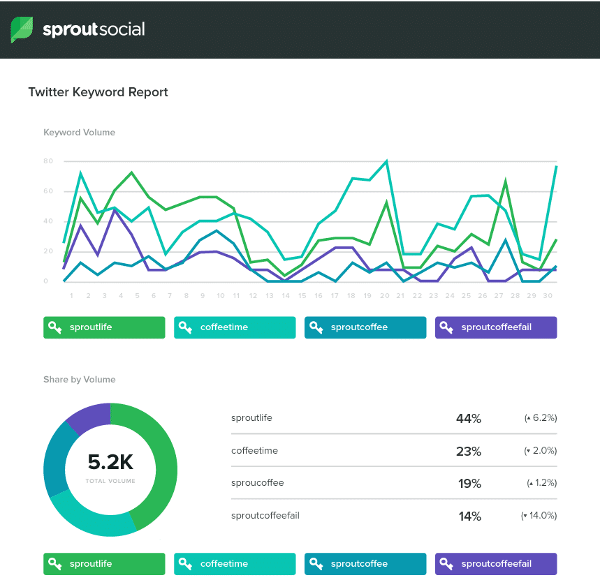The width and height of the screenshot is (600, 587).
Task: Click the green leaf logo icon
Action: [x=21, y=29]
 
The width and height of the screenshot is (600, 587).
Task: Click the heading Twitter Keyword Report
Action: [x=98, y=92]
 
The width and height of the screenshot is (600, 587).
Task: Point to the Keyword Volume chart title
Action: [x=79, y=133]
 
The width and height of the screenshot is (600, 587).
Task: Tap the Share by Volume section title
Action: [x=79, y=380]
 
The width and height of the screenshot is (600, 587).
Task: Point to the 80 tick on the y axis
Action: [x=48, y=161]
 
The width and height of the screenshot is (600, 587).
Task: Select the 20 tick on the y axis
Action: [x=48, y=251]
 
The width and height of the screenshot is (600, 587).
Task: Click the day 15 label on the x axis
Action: [x=302, y=295]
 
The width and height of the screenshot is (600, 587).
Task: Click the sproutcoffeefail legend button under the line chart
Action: [x=496, y=327]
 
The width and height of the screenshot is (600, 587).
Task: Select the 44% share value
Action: [x=468, y=419]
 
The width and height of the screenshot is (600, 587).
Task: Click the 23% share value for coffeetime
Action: [x=468, y=452]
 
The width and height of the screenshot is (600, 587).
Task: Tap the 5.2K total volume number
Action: [x=110, y=462]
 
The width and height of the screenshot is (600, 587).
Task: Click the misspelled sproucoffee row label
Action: [x=258, y=483]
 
